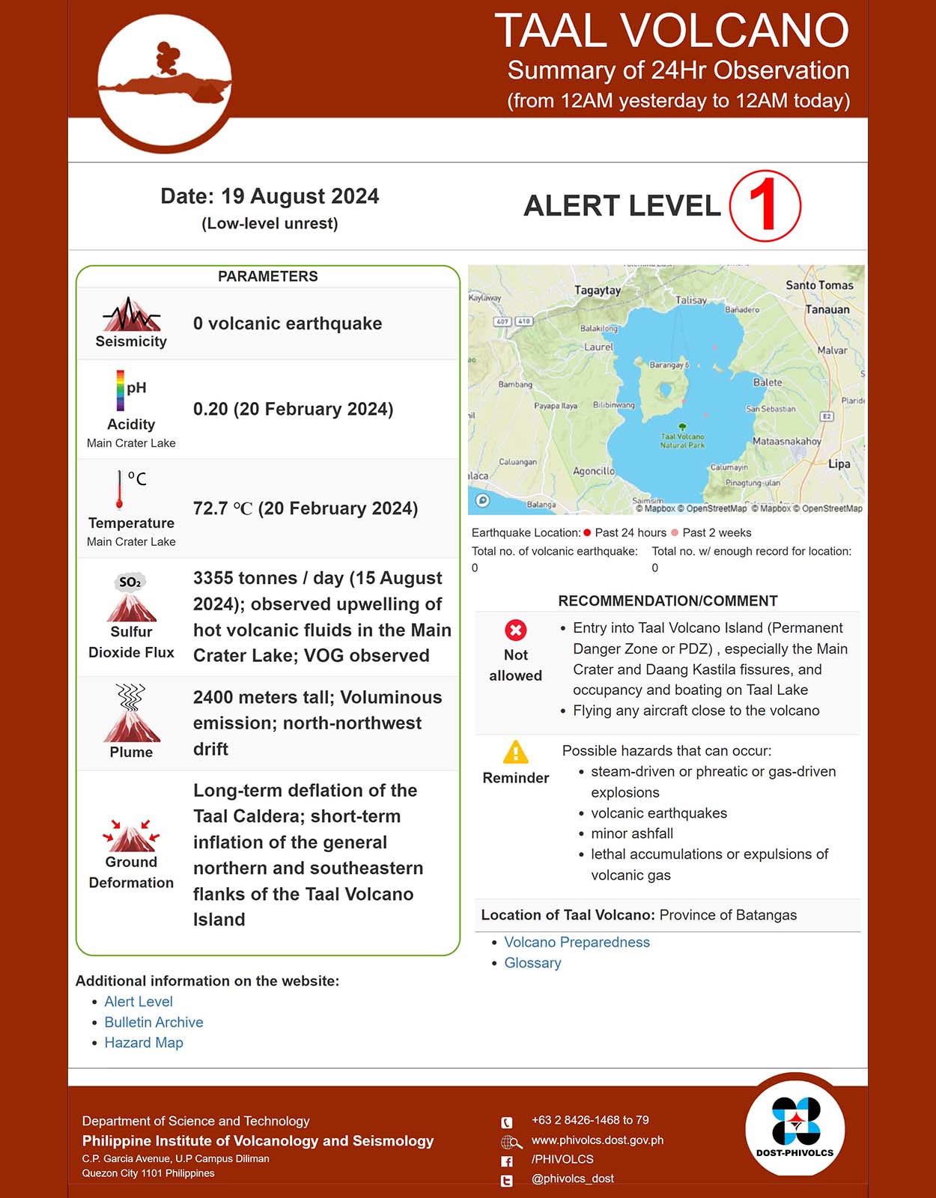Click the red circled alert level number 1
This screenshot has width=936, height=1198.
[x=765, y=206]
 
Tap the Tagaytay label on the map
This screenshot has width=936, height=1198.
[x=597, y=291]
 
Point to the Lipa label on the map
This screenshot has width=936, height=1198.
[x=839, y=464]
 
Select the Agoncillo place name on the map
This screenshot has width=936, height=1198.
[x=594, y=471]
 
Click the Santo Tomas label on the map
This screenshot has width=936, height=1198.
[x=819, y=285]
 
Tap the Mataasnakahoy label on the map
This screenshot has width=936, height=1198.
[x=786, y=441]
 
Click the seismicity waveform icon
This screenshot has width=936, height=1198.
[x=132, y=314]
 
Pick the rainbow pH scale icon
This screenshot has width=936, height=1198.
[x=121, y=390]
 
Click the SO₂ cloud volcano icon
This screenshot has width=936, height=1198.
[x=131, y=598]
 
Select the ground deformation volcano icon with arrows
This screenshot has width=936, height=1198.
[x=131, y=835]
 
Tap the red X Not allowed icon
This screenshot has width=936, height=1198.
[x=515, y=630]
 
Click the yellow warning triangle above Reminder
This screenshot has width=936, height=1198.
[x=515, y=752]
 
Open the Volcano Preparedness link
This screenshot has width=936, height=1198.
[x=577, y=942]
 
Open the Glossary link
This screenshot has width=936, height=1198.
[x=532, y=963]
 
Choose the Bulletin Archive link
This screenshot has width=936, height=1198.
[x=154, y=1022]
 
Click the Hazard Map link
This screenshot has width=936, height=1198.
[x=144, y=1042]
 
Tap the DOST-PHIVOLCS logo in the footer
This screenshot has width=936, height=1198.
[x=794, y=1127]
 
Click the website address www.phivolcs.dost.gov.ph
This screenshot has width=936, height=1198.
[x=597, y=1140]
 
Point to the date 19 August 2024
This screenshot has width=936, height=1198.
[x=270, y=196]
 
